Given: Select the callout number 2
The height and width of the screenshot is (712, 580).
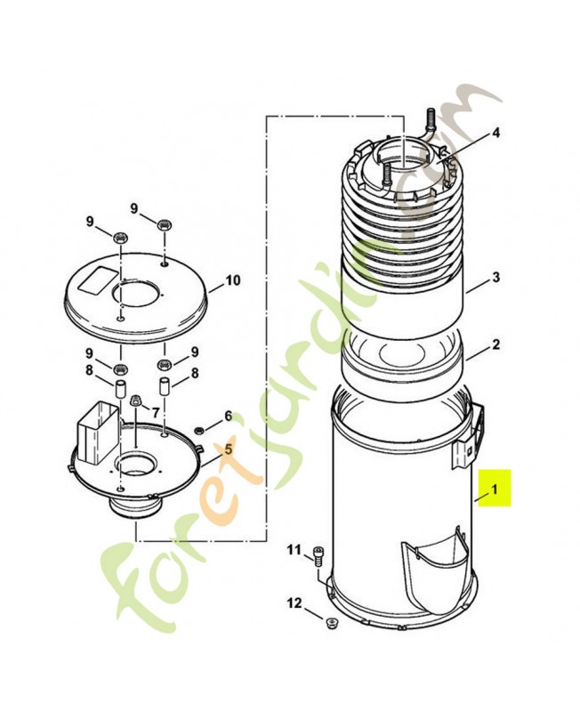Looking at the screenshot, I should pos(495,345).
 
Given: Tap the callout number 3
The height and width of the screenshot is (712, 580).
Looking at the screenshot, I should pos(495,278).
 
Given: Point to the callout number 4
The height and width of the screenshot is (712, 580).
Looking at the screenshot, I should pos(495,133).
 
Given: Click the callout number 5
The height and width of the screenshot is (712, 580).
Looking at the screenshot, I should pos(229,449).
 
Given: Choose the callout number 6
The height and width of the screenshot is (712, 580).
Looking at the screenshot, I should pos(228,416).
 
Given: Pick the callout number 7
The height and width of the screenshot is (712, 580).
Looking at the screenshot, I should pos(156,412).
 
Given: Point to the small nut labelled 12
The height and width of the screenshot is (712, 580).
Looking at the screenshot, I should pos(331,621).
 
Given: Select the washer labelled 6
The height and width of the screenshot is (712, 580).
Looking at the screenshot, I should pos(200,430).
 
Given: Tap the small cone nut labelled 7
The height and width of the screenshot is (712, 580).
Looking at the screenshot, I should pos(136,401).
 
